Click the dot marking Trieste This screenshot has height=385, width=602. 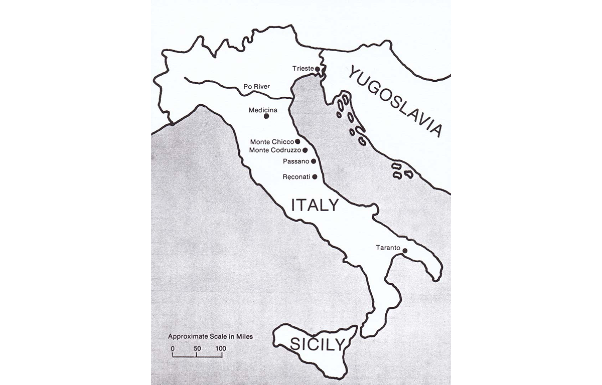(x=318, y=69)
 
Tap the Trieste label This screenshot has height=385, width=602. (x=303, y=68)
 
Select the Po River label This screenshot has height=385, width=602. (x=256, y=87)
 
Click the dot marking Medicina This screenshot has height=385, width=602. (x=266, y=116)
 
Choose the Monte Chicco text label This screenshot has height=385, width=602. (x=271, y=142)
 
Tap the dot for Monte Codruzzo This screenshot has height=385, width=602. (x=305, y=149)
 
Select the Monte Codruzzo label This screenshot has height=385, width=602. (x=275, y=150)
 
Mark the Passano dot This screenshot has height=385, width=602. (x=314, y=161)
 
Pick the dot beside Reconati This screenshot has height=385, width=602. (x=315, y=176)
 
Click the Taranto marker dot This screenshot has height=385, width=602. (x=405, y=251)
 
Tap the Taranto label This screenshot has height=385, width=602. (x=388, y=248)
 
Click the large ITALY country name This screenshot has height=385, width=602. (x=315, y=205)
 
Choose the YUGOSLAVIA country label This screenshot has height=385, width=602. (x=395, y=100)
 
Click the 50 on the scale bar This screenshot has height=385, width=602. (x=197, y=348)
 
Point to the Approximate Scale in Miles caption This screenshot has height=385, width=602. (x=210, y=336)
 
